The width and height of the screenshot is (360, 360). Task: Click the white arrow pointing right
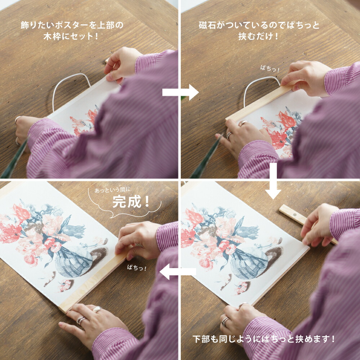[x=180, y=93]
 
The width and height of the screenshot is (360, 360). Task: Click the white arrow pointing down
[x=274, y=181]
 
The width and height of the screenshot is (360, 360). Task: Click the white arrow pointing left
[x=177, y=272]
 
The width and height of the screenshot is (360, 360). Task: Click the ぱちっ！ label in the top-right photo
[x=270, y=68]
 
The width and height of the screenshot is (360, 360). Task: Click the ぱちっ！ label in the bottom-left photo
[x=137, y=268]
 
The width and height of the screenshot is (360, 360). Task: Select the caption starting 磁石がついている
[x=259, y=31]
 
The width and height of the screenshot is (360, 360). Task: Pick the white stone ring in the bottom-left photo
[x=97, y=309]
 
